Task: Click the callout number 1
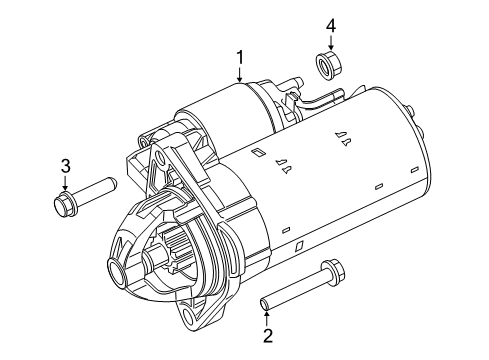pos(240,56)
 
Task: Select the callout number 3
pos(64,165)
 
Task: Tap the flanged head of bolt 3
pos(64,206)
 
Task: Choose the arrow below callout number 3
pos(64,184)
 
